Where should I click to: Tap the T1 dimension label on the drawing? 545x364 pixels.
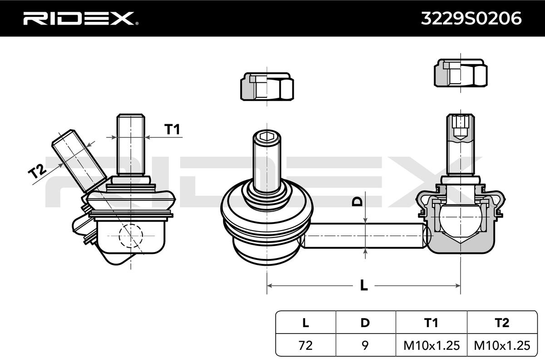tap(172, 130)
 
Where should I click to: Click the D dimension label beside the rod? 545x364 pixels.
tap(358, 202)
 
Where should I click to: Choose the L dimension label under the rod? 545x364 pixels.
tap(363, 285)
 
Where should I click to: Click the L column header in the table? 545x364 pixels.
tap(305, 323)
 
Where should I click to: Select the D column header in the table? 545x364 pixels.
tap(365, 323)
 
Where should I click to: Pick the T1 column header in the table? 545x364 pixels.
tap(431, 323)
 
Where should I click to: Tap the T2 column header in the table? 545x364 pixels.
tap(502, 323)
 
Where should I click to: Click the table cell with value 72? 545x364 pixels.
tap(305, 345)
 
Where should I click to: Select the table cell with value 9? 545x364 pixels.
tap(365, 345)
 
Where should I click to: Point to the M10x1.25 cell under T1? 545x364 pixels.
tap(431, 345)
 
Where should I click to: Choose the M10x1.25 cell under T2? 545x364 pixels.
tap(502, 345)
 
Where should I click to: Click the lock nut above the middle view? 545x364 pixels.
tap(267, 86)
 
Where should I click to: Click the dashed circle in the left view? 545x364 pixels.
tap(130, 236)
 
